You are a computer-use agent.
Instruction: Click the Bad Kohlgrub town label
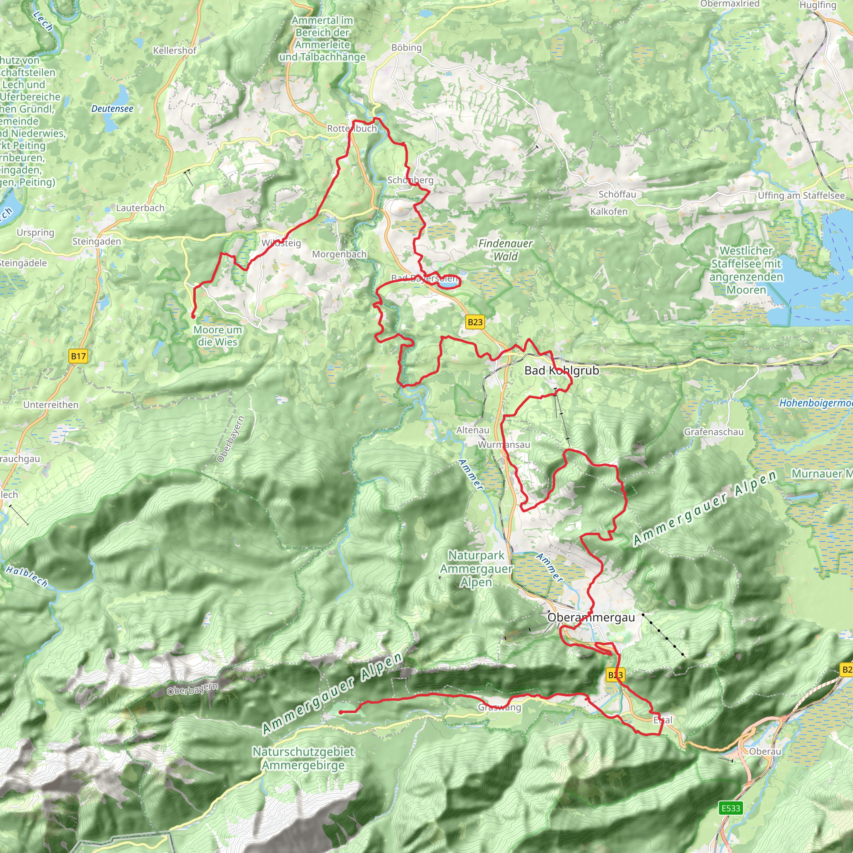click(561, 370)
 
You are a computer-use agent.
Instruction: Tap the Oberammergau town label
click(591, 618)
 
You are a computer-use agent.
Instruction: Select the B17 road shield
click(78, 356)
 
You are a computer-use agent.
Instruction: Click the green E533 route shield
click(730, 808)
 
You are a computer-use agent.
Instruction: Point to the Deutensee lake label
click(112, 109)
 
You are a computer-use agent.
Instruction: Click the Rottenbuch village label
click(352, 128)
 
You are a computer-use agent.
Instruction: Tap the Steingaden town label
click(96, 242)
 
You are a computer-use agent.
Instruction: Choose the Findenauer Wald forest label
click(506, 249)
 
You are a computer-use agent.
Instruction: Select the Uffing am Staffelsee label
click(801, 196)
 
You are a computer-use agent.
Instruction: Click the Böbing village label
click(406, 47)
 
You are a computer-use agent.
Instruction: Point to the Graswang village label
click(499, 708)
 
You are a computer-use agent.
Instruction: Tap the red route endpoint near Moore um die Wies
click(193, 316)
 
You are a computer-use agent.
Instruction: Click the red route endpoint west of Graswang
click(341, 712)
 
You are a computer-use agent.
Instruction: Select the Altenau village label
click(472, 430)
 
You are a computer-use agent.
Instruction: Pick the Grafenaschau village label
click(713, 432)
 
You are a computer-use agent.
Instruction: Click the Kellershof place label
click(175, 50)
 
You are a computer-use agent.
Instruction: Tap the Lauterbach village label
click(140, 207)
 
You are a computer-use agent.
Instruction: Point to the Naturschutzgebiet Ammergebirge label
click(303, 758)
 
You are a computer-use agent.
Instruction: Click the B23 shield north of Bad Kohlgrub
click(475, 322)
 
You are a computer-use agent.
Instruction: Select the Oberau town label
click(765, 751)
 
